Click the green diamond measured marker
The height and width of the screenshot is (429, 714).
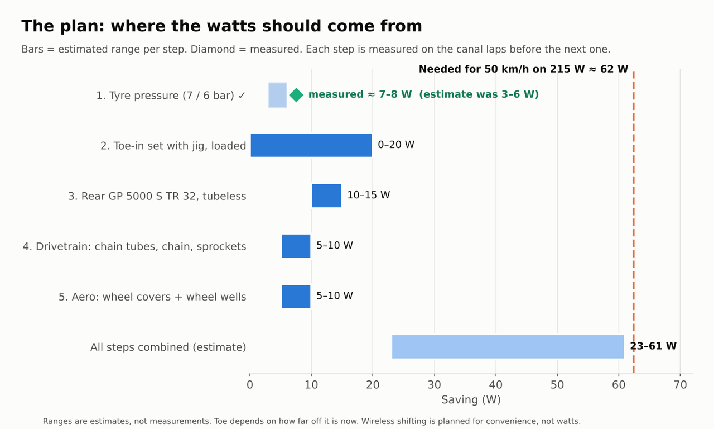pyautogui.click(x=296, y=95)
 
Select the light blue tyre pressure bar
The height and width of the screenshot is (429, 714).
pyautogui.click(x=278, y=95)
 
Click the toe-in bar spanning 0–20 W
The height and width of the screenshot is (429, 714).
pyautogui.click(x=311, y=145)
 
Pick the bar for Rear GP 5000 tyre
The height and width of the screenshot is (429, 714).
pyautogui.click(x=327, y=196)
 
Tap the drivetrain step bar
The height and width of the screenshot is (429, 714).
pyautogui.click(x=296, y=246)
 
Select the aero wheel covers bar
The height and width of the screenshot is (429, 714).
pyautogui.click(x=296, y=297)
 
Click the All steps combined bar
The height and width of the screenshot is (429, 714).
pyautogui.click(x=508, y=347)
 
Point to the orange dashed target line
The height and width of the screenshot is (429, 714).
pyautogui.click(x=633, y=222)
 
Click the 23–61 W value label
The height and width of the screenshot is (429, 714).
pyautogui.click(x=653, y=346)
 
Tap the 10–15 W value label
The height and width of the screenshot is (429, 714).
pyautogui.click(x=369, y=195)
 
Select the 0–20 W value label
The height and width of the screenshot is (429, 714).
pyautogui.click(x=396, y=145)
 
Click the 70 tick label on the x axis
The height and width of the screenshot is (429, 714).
pyautogui.click(x=680, y=385)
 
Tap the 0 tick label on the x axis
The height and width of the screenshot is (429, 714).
pyautogui.click(x=250, y=385)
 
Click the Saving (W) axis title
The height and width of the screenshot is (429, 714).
pyautogui.click(x=471, y=399)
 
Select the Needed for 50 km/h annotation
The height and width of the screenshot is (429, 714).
pyautogui.click(x=523, y=69)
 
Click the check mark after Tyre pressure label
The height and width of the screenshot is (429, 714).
pyautogui.click(x=242, y=95)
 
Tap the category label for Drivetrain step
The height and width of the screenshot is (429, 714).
pyautogui.click(x=134, y=247)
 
